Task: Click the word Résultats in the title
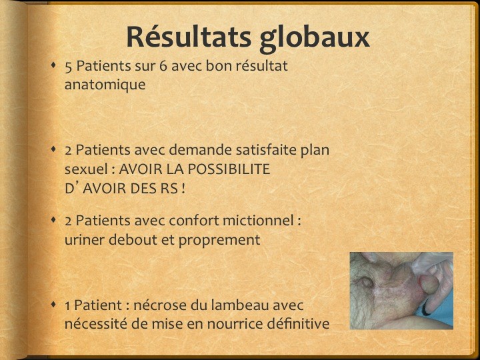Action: pos(189,37)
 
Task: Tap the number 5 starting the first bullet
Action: pos(68,67)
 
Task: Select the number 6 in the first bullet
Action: pos(163,66)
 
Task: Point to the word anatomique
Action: pos(105,85)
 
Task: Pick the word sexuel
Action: pos(86,169)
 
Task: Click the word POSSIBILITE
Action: pos(229,169)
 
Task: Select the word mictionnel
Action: pos(258,221)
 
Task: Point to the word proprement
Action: pos(219,241)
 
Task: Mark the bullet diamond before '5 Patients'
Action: pos(53,65)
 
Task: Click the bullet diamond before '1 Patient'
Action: pos(53,304)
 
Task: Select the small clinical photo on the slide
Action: pos(401,291)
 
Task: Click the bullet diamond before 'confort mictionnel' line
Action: pos(53,219)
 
